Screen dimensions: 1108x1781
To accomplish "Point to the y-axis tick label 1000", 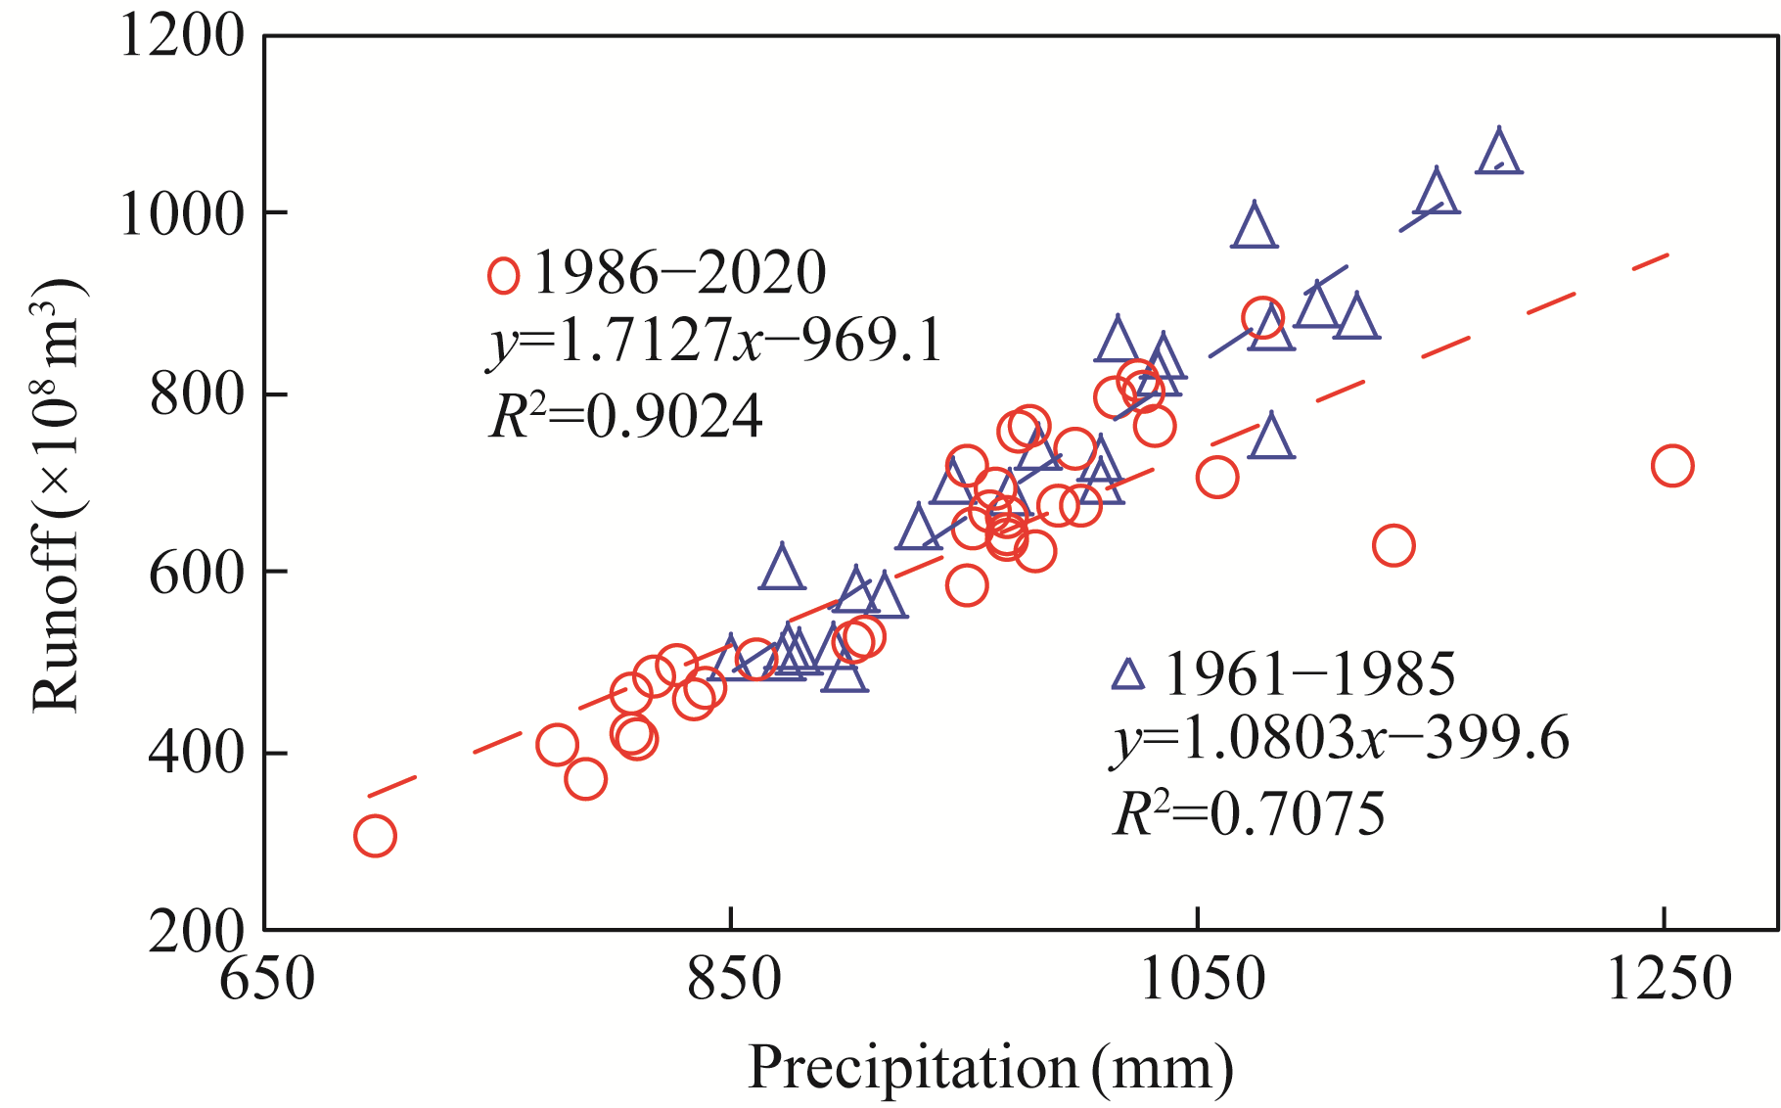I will point(181,214).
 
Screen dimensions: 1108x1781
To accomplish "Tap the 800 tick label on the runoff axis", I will point(196,394).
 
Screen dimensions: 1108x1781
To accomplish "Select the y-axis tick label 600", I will point(196,573).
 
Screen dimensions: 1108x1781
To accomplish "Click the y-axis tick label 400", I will point(196,753).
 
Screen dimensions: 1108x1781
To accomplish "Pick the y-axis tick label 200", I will point(196,931).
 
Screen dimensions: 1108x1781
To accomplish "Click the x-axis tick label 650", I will point(266,979).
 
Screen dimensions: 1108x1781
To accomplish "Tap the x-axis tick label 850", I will point(733,979).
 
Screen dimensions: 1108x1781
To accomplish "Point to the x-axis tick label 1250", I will point(1667,979).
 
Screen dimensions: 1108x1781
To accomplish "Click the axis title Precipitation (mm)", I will point(990,1067).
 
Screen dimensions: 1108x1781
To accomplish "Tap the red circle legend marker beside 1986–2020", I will point(503,276).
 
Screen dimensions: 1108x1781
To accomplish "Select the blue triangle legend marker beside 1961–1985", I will point(1128,674).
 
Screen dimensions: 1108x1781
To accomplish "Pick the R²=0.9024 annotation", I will point(625,417).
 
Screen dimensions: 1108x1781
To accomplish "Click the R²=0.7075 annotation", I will point(1249,813).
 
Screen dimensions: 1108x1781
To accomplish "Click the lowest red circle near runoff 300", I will point(375,836).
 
